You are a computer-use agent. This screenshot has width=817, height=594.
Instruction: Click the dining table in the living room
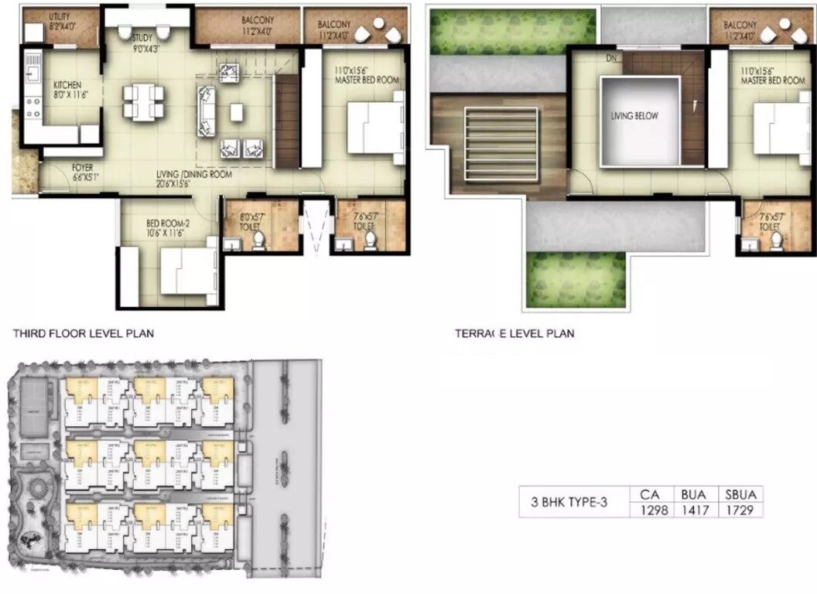tap(144, 101)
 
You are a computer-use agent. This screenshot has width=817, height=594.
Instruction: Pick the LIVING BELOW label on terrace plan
tap(634, 116)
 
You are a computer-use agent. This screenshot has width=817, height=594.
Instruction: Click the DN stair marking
tap(611, 59)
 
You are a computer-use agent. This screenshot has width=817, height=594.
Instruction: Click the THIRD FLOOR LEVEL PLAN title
tap(83, 334)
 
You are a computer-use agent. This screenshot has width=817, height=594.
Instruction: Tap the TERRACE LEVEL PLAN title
tap(514, 334)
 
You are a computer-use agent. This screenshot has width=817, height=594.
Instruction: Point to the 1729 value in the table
tap(740, 510)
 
